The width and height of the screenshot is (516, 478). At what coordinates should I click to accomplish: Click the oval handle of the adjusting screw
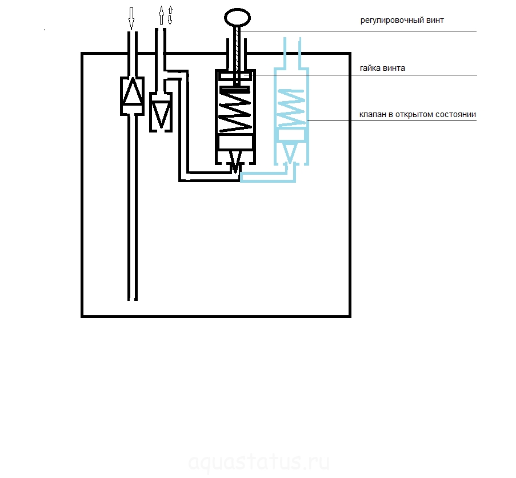(x=237, y=18)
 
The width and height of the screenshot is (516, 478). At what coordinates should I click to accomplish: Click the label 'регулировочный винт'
(x=402, y=21)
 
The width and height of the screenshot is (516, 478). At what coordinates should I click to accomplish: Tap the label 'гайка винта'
(x=382, y=68)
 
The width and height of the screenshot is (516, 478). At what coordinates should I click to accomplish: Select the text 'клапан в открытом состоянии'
(x=418, y=114)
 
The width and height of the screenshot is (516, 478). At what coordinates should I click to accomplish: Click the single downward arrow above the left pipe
(x=131, y=18)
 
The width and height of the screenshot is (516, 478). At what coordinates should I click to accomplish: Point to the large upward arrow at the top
(x=161, y=15)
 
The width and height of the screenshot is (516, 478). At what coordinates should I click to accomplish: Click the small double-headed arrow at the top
(x=170, y=15)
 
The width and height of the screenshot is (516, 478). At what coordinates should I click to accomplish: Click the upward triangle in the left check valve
(x=133, y=91)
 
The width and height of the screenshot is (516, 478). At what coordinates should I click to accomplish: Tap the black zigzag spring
(x=235, y=110)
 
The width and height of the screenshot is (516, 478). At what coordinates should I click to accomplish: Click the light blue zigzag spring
(x=291, y=107)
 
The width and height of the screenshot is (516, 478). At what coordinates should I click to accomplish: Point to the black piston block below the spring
(x=235, y=142)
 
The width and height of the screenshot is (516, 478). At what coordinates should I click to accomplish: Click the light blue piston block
(x=291, y=135)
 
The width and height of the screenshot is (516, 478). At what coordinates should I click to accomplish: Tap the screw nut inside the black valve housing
(x=235, y=77)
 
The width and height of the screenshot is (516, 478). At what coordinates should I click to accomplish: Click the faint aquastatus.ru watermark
(x=259, y=462)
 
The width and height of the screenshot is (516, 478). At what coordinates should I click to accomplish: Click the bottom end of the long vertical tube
(x=133, y=300)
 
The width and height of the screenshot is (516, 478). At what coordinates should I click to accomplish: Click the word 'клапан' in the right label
(x=373, y=114)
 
